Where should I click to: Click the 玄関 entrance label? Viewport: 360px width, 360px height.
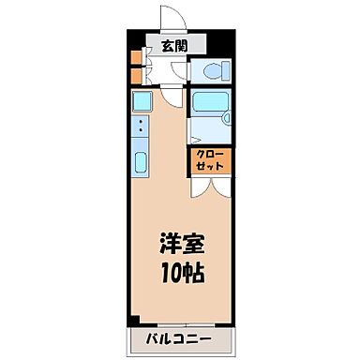[172, 47]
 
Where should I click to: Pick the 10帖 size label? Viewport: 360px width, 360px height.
[181, 273]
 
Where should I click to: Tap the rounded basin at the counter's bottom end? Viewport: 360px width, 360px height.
[141, 162]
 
